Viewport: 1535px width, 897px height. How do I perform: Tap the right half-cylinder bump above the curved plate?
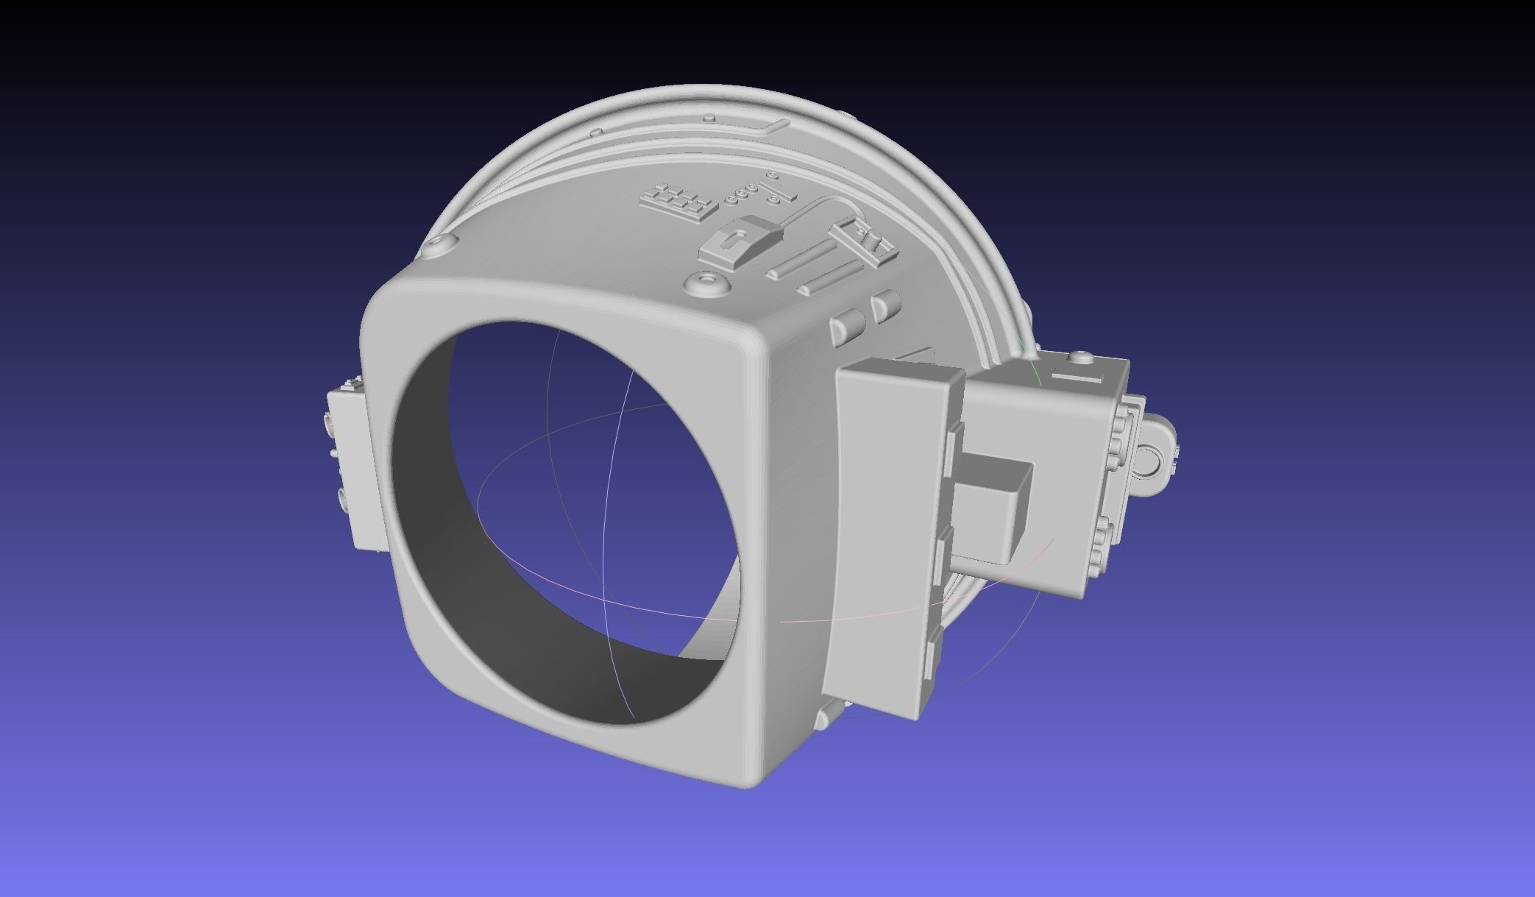pyautogui.click(x=886, y=303)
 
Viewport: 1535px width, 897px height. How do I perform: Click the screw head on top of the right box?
pyautogui.click(x=1080, y=358)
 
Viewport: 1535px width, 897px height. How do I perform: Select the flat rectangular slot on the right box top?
pyautogui.click(x=1078, y=377)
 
